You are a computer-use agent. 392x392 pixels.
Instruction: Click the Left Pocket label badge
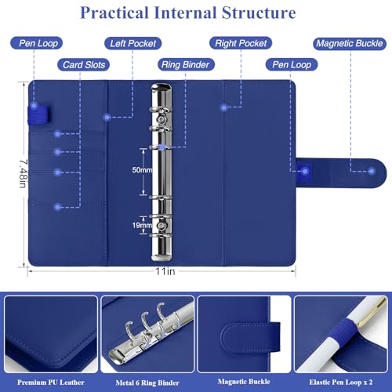[133, 43]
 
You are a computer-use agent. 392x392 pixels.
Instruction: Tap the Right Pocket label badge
[241, 43]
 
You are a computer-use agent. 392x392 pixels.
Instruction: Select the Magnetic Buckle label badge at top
[350, 43]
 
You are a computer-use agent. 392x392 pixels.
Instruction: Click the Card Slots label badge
[84, 64]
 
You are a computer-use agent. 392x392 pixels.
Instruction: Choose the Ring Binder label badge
[186, 64]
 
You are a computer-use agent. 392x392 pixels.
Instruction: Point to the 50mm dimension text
[142, 170]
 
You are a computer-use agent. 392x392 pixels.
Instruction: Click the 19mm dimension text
[141, 225]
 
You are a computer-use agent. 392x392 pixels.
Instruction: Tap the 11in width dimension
[165, 271]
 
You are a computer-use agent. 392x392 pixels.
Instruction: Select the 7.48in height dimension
[23, 174]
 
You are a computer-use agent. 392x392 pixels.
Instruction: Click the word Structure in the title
[259, 13]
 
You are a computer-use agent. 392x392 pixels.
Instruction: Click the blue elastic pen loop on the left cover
[39, 114]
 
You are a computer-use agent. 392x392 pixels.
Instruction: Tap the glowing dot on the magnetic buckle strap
[372, 172]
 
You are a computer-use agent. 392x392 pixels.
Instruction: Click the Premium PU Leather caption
[51, 383]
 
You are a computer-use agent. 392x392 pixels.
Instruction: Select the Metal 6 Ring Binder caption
[147, 383]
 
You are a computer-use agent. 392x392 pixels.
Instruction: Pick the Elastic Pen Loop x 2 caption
[341, 382]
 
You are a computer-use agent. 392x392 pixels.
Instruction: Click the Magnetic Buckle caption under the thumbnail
[244, 382]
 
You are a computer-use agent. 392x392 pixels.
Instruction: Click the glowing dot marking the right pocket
[223, 107]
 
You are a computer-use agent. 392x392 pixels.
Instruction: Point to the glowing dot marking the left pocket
[107, 117]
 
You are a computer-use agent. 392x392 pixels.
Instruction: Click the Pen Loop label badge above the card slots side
[37, 43]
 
